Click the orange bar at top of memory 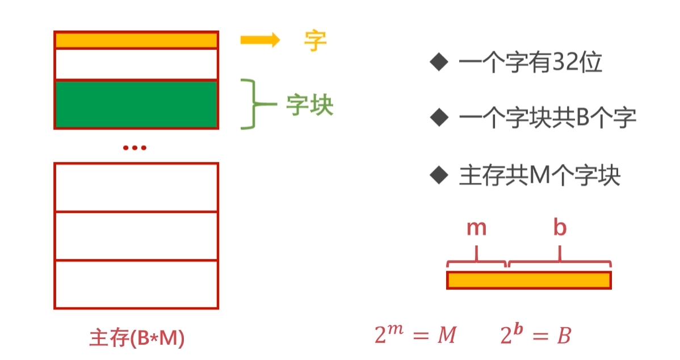[136, 40]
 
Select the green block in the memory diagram [136, 104]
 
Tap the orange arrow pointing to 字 [259, 40]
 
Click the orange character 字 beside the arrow [316, 40]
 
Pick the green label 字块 [309, 104]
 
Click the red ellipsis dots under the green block [135, 148]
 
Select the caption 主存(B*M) [137, 338]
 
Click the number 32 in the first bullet [567, 64]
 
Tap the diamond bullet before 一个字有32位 [439, 62]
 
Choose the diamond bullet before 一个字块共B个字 [439, 118]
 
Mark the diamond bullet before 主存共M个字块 [439, 175]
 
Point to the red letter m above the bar [477, 228]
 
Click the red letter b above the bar [560, 228]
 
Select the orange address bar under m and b [528, 280]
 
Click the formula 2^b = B [535, 335]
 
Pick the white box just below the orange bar [136, 64]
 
